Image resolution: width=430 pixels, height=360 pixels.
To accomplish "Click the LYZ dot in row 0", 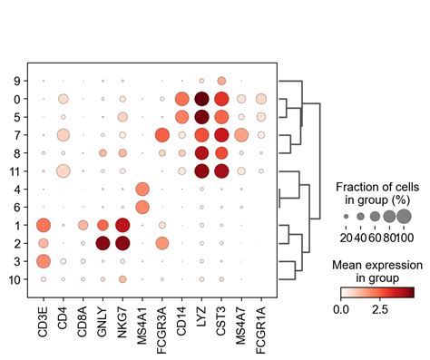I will (201, 99).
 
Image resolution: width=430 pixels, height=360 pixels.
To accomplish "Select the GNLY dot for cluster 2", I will (103, 243).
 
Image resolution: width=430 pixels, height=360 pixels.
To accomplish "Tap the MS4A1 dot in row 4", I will (142, 189).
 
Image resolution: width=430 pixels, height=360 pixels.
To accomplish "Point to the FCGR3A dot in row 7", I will (162, 135).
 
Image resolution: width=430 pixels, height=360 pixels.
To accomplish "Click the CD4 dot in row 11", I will (63, 170).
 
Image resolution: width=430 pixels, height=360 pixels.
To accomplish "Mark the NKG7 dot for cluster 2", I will (122, 243).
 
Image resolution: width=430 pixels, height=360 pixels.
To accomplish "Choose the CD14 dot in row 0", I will (181, 99).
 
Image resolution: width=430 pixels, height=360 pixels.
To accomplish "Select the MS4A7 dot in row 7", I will (241, 135).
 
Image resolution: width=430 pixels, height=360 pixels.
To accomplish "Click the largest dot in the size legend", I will (404, 216).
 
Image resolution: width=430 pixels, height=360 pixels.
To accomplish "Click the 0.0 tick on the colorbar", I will (342, 310).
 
